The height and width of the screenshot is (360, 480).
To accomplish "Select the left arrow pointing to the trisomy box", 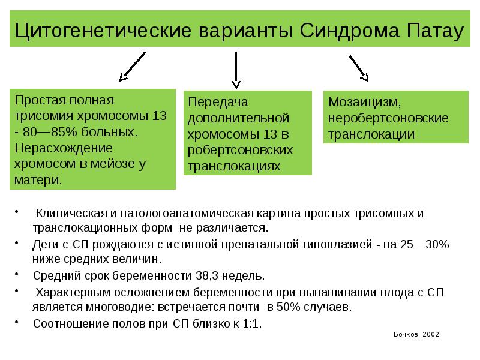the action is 133,66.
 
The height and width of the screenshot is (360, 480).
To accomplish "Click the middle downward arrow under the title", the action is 236,70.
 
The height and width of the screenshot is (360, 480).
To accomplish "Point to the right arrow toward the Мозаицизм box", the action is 358,67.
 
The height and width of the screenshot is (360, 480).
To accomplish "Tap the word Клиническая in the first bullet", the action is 71,214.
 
